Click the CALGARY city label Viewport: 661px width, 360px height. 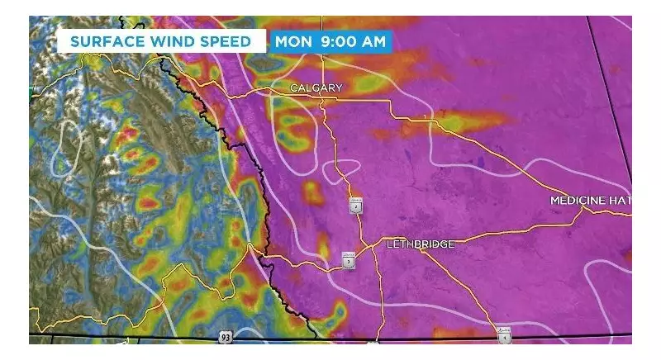[x=316, y=88]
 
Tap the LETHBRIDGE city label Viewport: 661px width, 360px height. [x=421, y=244]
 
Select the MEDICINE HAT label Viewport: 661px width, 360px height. [x=591, y=201]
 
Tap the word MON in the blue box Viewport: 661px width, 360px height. [x=293, y=41]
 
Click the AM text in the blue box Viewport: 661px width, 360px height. [x=373, y=41]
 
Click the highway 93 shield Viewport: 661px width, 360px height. [x=226, y=337]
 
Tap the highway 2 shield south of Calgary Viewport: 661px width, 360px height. [x=356, y=206]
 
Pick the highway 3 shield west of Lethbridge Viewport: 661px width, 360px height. [x=350, y=261]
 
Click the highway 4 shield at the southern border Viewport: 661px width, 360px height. [x=504, y=336]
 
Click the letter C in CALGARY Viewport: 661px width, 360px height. [x=293, y=88]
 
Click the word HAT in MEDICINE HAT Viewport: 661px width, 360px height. [x=620, y=201]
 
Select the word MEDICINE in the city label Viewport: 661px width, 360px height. [x=578, y=201]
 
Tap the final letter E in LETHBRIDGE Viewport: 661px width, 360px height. [x=451, y=244]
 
